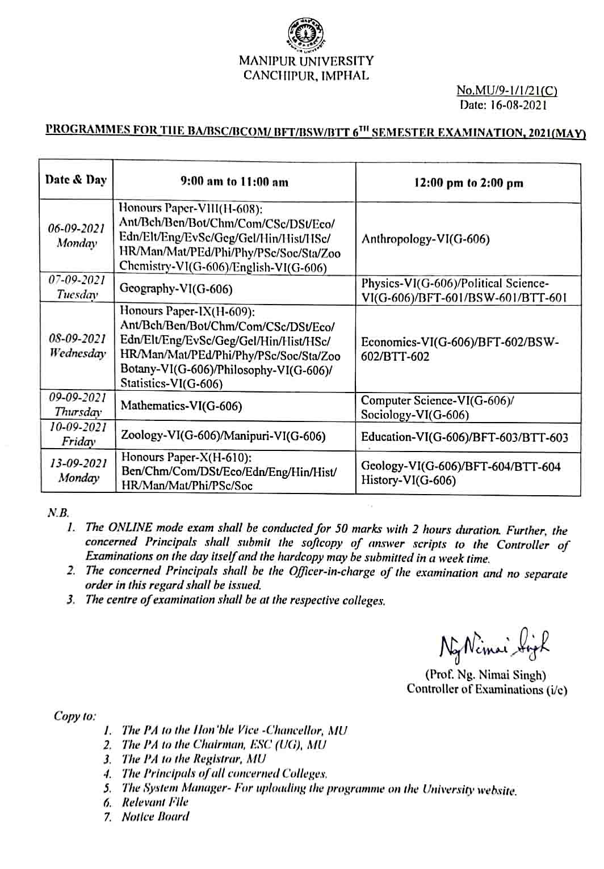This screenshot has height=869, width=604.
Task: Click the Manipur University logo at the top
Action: [x=306, y=33]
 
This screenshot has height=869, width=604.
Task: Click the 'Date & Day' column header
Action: [x=76, y=180]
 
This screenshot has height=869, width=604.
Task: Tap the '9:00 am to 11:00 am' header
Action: [x=234, y=182]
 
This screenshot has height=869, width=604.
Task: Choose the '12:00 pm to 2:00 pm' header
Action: [x=468, y=183]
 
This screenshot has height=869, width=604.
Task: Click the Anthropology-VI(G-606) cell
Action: [x=425, y=239]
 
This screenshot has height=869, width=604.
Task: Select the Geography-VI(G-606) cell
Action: [x=177, y=289]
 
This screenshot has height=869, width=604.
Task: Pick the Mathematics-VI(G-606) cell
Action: [x=181, y=406]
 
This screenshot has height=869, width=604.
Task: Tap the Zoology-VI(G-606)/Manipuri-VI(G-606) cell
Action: [x=223, y=436]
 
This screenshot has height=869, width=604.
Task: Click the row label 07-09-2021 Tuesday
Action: [x=77, y=287]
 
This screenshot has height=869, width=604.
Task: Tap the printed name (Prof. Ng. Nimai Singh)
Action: [x=485, y=675]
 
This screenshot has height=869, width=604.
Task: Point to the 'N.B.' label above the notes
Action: [x=58, y=513]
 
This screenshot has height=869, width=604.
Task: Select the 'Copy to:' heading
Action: [x=75, y=716]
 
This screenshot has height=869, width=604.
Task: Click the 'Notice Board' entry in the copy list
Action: [x=156, y=817]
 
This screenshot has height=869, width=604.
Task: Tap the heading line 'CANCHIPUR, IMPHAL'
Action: [x=306, y=75]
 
